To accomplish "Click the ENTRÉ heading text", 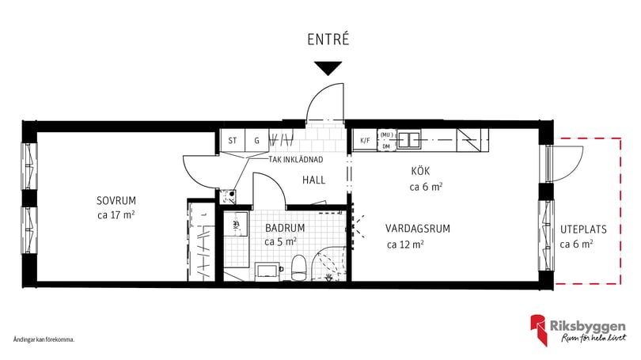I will click(327, 39).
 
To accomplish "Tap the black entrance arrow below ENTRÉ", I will click(327, 68).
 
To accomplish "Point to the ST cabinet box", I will click(233, 141).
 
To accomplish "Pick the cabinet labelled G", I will click(256, 141).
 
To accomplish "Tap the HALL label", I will click(313, 180).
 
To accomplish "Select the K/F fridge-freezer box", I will click(365, 141).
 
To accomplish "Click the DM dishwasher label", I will click(386, 146).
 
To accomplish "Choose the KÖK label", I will click(420, 172).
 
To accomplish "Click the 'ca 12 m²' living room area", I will click(404, 244).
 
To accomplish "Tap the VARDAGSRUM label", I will click(418, 229).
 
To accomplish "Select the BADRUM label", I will click(284, 228).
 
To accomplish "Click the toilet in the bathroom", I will click(298, 267).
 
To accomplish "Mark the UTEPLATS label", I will click(583, 229).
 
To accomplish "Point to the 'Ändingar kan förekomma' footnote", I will click(44, 339).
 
